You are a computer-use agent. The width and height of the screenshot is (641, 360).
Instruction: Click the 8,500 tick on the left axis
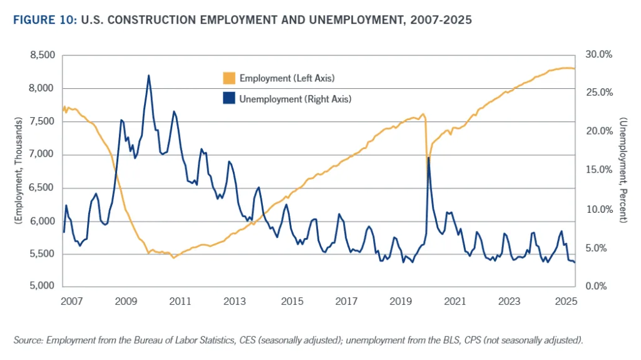point(42,55)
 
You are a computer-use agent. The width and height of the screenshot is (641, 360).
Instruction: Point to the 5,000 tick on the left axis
point(42,287)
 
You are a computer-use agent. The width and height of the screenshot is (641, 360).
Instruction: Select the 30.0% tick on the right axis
point(597,55)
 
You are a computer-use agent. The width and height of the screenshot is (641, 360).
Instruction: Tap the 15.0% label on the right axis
point(597,170)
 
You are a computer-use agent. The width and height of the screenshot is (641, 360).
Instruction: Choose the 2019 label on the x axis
point(401,302)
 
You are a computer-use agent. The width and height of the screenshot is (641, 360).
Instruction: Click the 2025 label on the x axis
point(565,302)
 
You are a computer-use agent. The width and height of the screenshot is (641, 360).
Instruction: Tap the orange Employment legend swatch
point(228,78)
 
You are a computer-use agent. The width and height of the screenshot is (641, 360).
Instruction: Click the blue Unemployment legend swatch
point(228,98)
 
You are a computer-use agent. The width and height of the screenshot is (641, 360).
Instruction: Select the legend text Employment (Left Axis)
point(287,78)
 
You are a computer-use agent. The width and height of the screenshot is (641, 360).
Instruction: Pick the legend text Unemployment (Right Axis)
point(295,98)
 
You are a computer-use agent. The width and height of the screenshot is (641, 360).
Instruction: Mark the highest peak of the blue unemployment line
point(148,76)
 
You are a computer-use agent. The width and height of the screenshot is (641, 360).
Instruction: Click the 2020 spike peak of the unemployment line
point(428,158)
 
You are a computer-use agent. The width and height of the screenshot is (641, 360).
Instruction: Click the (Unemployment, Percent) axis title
point(623,170)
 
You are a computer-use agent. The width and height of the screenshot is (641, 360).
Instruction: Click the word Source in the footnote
point(26,340)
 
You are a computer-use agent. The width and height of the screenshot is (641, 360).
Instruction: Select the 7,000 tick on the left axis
point(42,155)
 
